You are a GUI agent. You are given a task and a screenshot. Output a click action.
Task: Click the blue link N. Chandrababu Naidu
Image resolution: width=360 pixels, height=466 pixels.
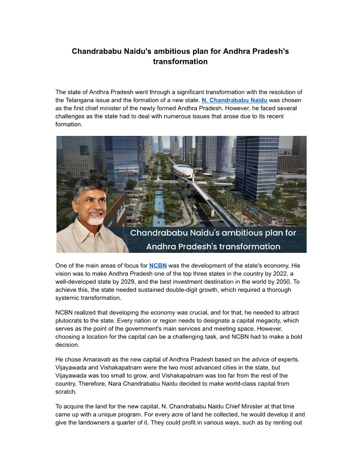[x=234, y=100]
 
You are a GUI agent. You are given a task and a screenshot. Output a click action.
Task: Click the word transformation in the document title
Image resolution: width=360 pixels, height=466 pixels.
[x=180, y=62]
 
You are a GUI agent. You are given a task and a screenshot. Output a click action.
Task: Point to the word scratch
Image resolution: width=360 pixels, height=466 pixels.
[x=66, y=392]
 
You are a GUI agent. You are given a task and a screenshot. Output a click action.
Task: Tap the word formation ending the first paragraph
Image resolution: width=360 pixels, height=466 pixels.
[x=68, y=124]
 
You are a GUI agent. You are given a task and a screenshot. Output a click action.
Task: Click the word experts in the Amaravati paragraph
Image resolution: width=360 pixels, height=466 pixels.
[x=289, y=359]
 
